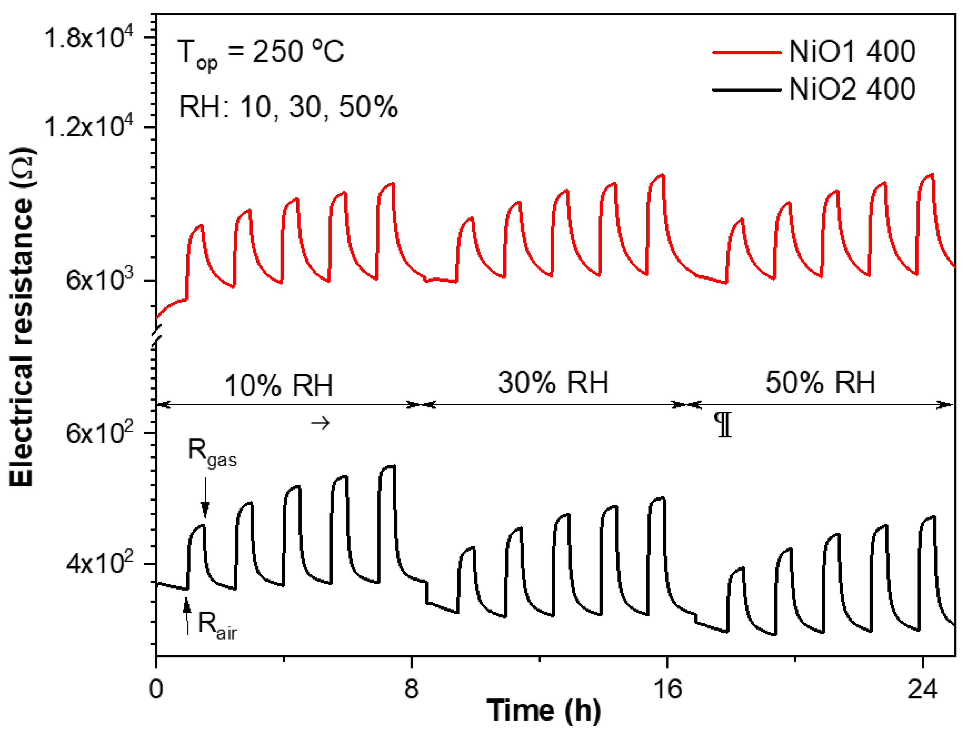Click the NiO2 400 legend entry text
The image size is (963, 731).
click(852, 89)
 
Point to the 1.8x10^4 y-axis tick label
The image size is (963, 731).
click(88, 38)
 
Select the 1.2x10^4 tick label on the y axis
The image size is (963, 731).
click(88, 127)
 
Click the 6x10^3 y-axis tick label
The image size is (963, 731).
click(100, 280)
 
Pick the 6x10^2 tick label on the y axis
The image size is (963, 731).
click(100, 433)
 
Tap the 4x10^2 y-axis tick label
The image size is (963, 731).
click(100, 564)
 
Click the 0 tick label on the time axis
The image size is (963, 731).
click(156, 689)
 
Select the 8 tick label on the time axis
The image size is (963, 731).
click(411, 689)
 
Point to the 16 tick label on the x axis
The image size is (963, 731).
click(667, 689)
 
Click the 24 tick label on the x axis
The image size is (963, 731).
click(922, 689)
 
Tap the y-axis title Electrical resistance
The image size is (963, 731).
click(22, 318)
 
